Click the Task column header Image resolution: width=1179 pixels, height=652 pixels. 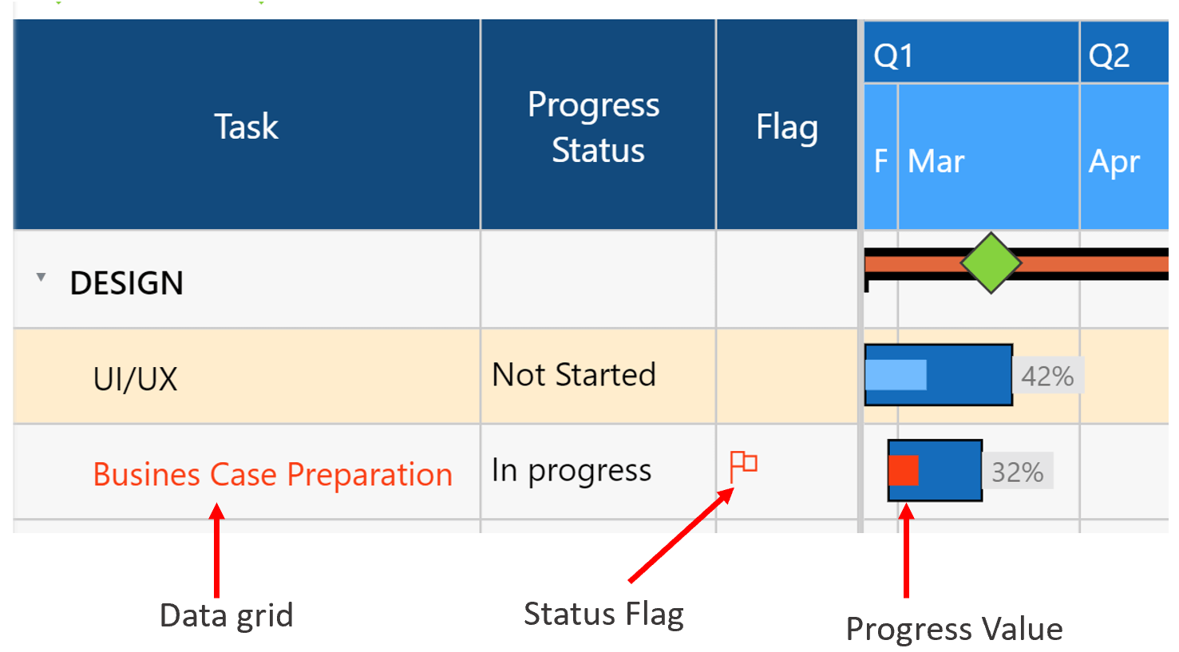(247, 127)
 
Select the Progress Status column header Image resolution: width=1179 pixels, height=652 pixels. (595, 127)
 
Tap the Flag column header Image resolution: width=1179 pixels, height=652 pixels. (786, 128)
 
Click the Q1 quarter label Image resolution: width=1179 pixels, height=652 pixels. (893, 56)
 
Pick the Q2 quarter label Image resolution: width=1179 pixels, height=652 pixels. (1109, 56)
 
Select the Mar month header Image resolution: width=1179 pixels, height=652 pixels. (936, 162)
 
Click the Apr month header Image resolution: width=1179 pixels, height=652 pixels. (1114, 162)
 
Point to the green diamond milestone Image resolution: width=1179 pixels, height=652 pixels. (991, 263)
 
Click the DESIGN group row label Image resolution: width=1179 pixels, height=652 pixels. (127, 283)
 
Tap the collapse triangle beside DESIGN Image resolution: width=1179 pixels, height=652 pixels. (41, 278)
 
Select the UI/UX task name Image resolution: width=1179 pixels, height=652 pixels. (136, 379)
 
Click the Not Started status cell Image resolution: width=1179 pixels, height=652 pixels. (574, 375)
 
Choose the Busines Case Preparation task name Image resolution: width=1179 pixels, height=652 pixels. (273, 475)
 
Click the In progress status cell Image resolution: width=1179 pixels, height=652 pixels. (572, 471)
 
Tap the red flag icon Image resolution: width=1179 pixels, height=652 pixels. (743, 465)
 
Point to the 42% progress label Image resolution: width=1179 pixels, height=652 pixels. (1047, 376)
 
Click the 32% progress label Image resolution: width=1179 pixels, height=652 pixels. (1017, 472)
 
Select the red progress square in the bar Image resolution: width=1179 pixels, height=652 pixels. (904, 471)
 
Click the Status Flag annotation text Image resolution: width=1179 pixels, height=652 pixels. (603, 614)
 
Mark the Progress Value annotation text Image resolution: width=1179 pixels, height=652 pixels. (954, 629)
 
